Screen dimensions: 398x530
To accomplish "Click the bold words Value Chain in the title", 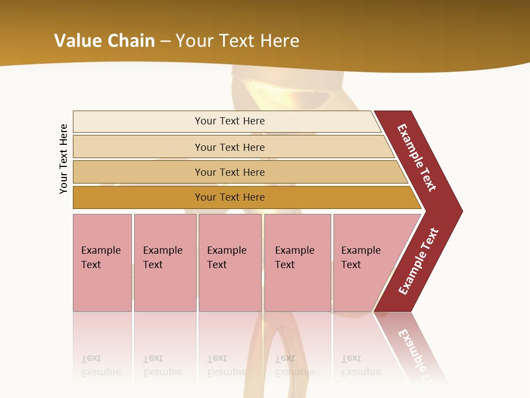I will [x=104, y=41].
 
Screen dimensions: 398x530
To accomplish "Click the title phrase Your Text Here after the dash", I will [x=237, y=41].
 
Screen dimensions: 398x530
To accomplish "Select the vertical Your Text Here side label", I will [x=63, y=159].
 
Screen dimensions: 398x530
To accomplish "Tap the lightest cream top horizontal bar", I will [x=229, y=121].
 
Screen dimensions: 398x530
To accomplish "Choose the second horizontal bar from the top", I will [x=229, y=147].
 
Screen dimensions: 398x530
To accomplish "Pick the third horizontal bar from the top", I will [x=229, y=172].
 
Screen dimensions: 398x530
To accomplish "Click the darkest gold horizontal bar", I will [x=229, y=197].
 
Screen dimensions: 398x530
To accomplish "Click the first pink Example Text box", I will [x=102, y=262].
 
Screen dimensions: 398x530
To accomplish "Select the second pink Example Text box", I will [x=165, y=262].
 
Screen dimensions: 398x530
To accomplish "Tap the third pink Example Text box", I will [x=230, y=262].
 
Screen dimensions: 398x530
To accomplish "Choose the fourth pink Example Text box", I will [x=298, y=262].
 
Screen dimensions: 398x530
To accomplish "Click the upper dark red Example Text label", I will [x=417, y=157].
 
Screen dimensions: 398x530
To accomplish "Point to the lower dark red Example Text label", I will [x=418, y=261].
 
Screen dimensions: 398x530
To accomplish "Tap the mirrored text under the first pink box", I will [x=101, y=365].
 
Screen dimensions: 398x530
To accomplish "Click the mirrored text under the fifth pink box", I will [x=361, y=365].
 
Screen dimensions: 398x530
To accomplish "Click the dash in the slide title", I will [x=165, y=41].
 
